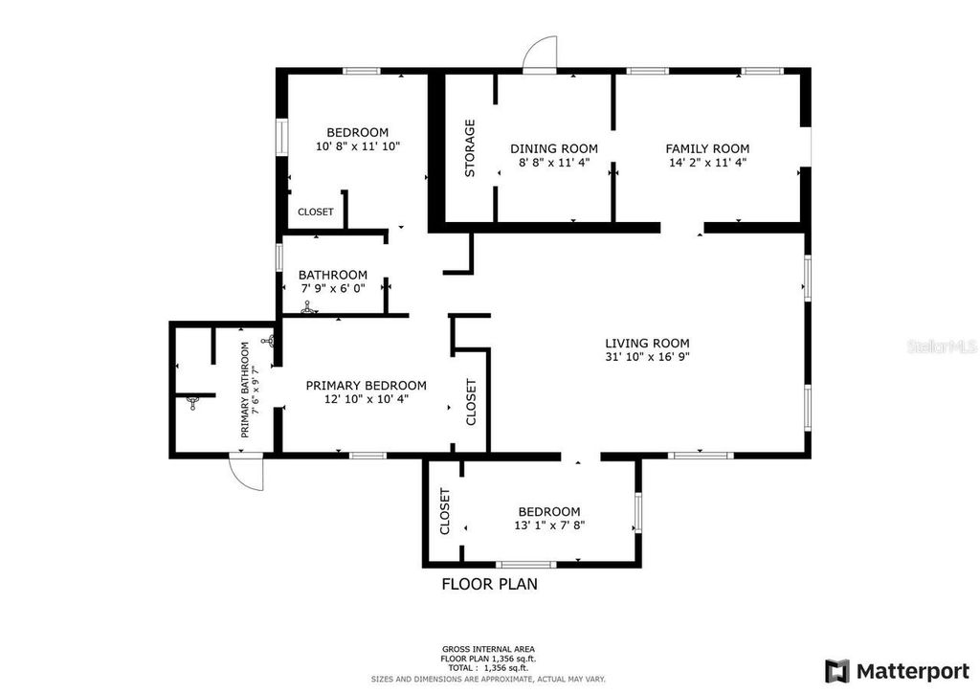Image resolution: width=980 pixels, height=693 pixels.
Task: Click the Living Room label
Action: [x=647, y=344]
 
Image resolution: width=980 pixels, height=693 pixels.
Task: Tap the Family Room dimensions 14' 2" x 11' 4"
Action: [x=707, y=163]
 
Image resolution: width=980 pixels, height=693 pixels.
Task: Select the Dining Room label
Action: [x=554, y=148]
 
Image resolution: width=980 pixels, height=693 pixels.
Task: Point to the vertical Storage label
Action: [x=470, y=148]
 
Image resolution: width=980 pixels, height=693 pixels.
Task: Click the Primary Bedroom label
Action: [x=366, y=385]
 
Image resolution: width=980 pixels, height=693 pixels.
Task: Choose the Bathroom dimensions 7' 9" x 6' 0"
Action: [x=332, y=288]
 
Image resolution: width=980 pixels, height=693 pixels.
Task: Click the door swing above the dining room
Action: [x=541, y=54]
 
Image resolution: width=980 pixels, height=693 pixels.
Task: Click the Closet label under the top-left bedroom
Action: [x=316, y=212]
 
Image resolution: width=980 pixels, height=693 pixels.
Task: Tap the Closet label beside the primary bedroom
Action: [x=471, y=402]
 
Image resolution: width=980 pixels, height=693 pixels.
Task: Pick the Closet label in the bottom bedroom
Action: [x=445, y=512]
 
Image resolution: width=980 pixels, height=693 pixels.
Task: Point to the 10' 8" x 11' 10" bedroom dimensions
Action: [x=357, y=147]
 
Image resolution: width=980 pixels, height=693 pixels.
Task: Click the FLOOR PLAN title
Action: [x=489, y=584]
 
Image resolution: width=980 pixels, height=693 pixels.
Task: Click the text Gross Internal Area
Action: [x=489, y=648]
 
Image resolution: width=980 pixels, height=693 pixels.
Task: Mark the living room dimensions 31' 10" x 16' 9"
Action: [x=647, y=358]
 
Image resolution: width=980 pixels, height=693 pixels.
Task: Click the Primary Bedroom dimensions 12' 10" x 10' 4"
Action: [x=366, y=399]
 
